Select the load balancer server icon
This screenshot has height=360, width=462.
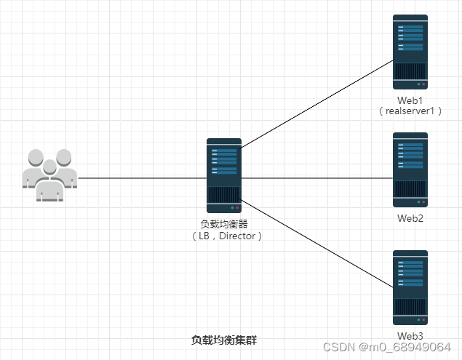[x=224, y=176]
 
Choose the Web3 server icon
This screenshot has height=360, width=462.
[x=410, y=287]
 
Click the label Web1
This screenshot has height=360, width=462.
[x=410, y=99]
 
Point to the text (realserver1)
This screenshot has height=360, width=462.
[x=410, y=111]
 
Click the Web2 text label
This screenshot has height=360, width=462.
[x=410, y=217]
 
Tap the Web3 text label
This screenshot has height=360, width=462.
[x=410, y=335]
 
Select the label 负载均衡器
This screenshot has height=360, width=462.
[x=224, y=224]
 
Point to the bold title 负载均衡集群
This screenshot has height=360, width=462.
[x=224, y=340]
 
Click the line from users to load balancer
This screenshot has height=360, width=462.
[x=142, y=177]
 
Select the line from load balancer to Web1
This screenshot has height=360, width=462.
[x=316, y=104]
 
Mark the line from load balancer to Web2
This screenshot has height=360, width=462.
[x=316, y=177]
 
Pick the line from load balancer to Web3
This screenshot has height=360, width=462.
[x=316, y=244]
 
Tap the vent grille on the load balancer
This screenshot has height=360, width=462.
[x=224, y=196]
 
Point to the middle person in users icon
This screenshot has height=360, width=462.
[x=49, y=182]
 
